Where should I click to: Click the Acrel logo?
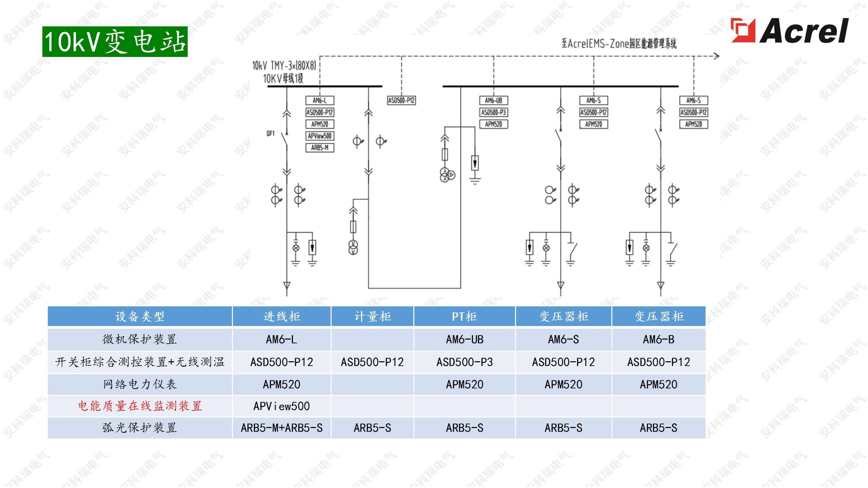tap(789, 30)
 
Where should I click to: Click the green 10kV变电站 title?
tap(115, 42)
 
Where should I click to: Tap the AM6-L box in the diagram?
tap(320, 100)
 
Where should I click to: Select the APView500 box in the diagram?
tap(320, 136)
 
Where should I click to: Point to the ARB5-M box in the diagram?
tap(320, 148)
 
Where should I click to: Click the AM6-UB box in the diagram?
tap(493, 100)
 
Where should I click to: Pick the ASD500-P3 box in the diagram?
tap(493, 112)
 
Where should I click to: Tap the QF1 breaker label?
tap(271, 134)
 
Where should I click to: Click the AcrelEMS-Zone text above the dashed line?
tap(619, 44)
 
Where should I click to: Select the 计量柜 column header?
tap(372, 317)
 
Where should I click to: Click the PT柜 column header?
tap(464, 317)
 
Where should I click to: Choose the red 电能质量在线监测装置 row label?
tap(140, 406)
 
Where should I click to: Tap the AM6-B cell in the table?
tap(658, 339)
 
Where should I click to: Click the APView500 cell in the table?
tap(281, 406)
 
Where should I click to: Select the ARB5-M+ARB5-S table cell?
tap(281, 428)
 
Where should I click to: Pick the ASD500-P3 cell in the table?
tap(464, 362)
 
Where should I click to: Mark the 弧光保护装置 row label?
tap(140, 428)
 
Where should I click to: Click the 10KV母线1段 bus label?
tap(283, 79)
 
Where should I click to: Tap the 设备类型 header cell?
tap(140, 317)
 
